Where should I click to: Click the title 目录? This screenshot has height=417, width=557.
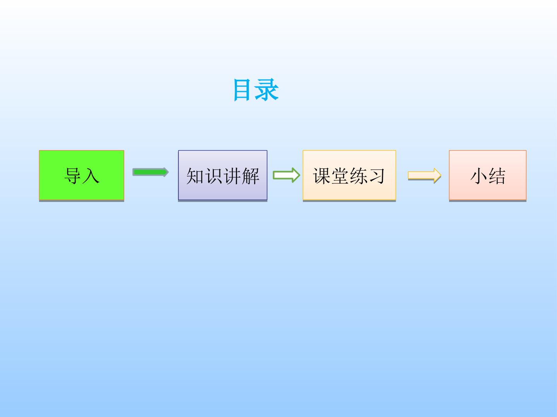click(256, 90)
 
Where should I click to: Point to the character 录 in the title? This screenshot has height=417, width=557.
click(267, 90)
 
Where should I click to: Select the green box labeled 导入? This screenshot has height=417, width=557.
click(82, 175)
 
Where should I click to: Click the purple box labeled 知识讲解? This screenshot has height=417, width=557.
click(222, 175)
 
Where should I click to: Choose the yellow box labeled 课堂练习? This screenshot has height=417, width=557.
click(349, 175)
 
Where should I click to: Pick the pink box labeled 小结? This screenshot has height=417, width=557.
click(487, 175)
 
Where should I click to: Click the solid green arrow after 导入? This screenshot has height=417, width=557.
click(150, 172)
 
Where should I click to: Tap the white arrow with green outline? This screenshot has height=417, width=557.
click(286, 175)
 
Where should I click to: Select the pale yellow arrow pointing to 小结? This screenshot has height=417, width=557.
click(424, 175)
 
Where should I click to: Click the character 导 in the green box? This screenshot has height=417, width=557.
click(73, 176)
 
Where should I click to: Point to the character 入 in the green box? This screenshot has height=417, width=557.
click(91, 176)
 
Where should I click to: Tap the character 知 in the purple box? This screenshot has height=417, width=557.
click(195, 176)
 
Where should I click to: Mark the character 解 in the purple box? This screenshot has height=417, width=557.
click(251, 176)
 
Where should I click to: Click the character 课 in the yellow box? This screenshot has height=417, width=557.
click(321, 176)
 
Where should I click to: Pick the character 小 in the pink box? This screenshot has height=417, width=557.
click(478, 176)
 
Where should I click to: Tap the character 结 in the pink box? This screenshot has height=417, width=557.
click(497, 176)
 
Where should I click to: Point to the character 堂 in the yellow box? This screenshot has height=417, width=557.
click(340, 176)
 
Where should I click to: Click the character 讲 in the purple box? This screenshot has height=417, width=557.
click(232, 176)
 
